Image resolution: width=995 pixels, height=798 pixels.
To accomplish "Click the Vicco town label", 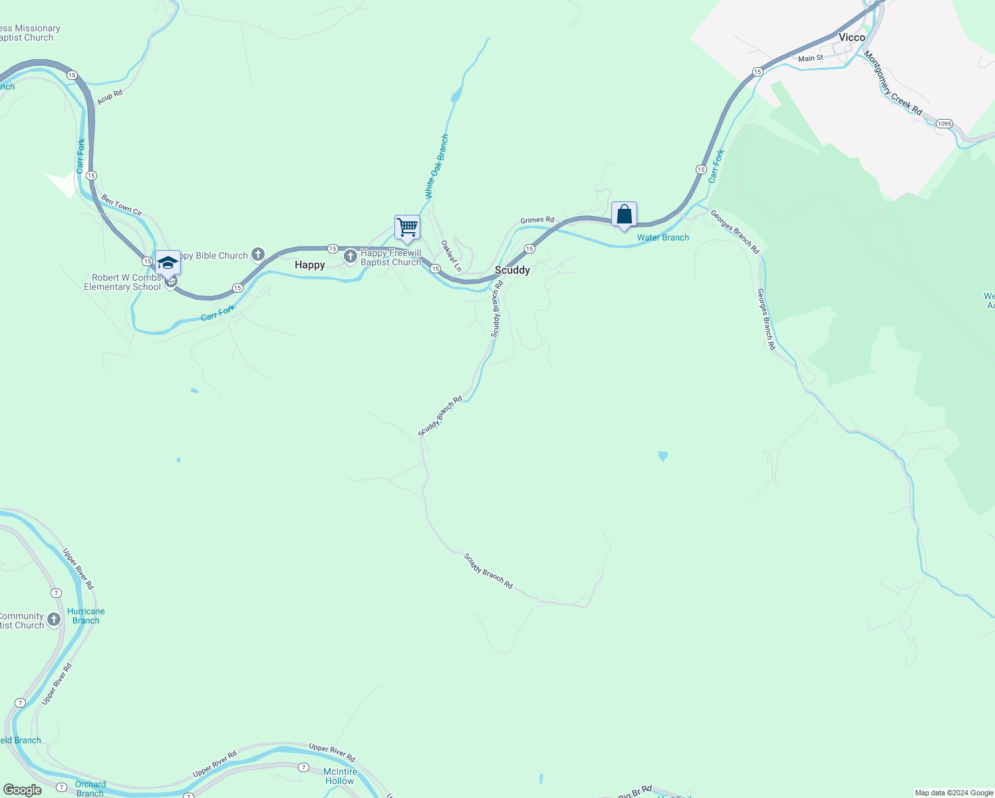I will point(851,37).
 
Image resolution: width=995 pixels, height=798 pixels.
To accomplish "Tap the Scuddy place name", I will point(512,270).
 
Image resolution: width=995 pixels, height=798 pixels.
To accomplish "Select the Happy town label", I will point(310,265).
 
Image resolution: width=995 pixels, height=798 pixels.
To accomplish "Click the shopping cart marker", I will point(407,227).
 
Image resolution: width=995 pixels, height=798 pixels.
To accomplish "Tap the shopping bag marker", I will point(624,215).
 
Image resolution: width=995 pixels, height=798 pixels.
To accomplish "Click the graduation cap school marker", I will point(168,263).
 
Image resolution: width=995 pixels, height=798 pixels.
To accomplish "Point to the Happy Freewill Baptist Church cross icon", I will point(351,256).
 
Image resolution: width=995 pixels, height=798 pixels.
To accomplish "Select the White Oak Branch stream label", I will point(437,167).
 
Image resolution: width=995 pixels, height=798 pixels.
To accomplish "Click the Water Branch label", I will point(663,237).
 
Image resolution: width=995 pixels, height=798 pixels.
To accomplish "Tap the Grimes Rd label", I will point(537,220).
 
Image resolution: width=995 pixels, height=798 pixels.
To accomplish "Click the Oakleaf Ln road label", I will point(452,256).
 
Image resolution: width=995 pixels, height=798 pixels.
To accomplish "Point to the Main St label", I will point(811,59).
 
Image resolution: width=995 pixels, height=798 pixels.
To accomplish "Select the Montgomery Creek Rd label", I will point(893,83).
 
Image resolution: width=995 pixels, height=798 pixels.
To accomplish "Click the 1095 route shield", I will point(944,124).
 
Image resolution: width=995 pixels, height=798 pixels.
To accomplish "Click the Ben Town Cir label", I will point(122,205).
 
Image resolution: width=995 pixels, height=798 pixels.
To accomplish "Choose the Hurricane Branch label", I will point(86,616).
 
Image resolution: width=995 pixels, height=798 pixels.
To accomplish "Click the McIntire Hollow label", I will point(340,776).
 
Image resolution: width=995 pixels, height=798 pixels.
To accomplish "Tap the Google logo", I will point(23,790).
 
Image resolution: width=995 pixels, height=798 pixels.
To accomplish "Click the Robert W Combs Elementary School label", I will point(122,282).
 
